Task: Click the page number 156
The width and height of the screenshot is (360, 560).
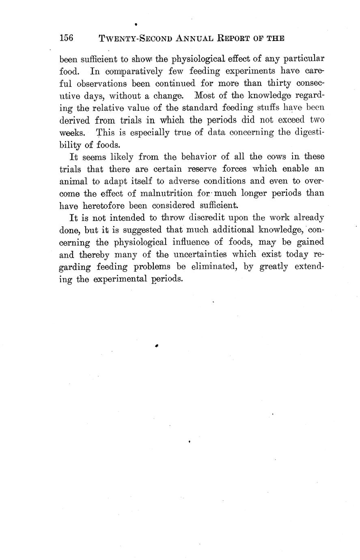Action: [x=66, y=38]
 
